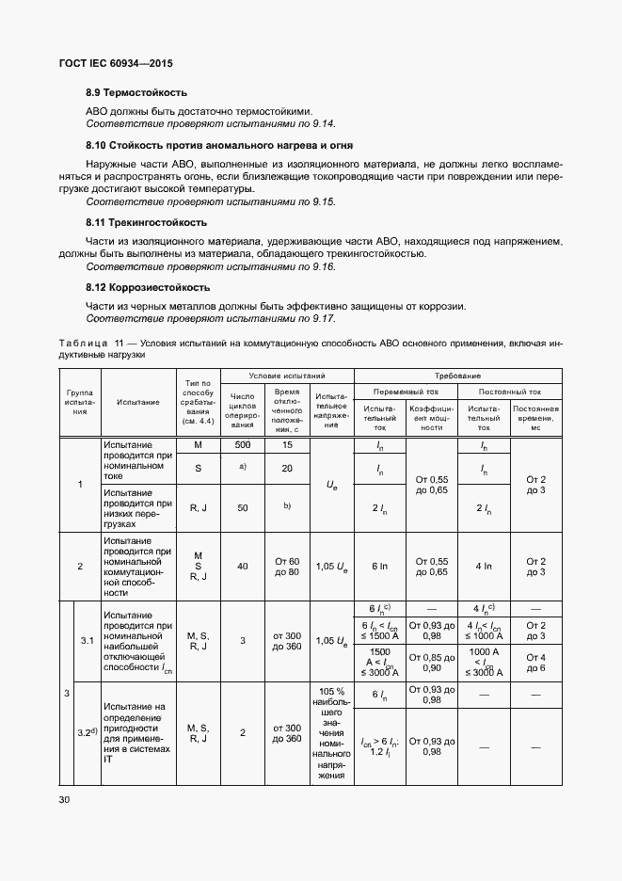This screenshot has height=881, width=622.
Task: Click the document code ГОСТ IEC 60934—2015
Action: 116,64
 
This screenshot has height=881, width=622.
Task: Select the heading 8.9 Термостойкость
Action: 136,92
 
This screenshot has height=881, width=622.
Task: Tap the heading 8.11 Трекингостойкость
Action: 146,222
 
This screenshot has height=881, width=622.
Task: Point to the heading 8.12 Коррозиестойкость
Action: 148,287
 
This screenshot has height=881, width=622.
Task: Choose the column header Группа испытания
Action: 80,402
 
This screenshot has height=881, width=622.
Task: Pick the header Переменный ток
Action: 407,391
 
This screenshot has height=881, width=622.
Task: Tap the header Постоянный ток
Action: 510,391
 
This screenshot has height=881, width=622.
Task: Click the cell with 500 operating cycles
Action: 243,444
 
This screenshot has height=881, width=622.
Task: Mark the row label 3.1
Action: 87,640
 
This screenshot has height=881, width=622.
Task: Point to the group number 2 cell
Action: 80,566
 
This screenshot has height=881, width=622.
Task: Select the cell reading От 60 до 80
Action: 287,566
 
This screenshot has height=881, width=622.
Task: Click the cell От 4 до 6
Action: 536,661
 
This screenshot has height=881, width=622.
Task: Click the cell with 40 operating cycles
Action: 243,566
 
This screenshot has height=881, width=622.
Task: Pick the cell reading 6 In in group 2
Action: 380,566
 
